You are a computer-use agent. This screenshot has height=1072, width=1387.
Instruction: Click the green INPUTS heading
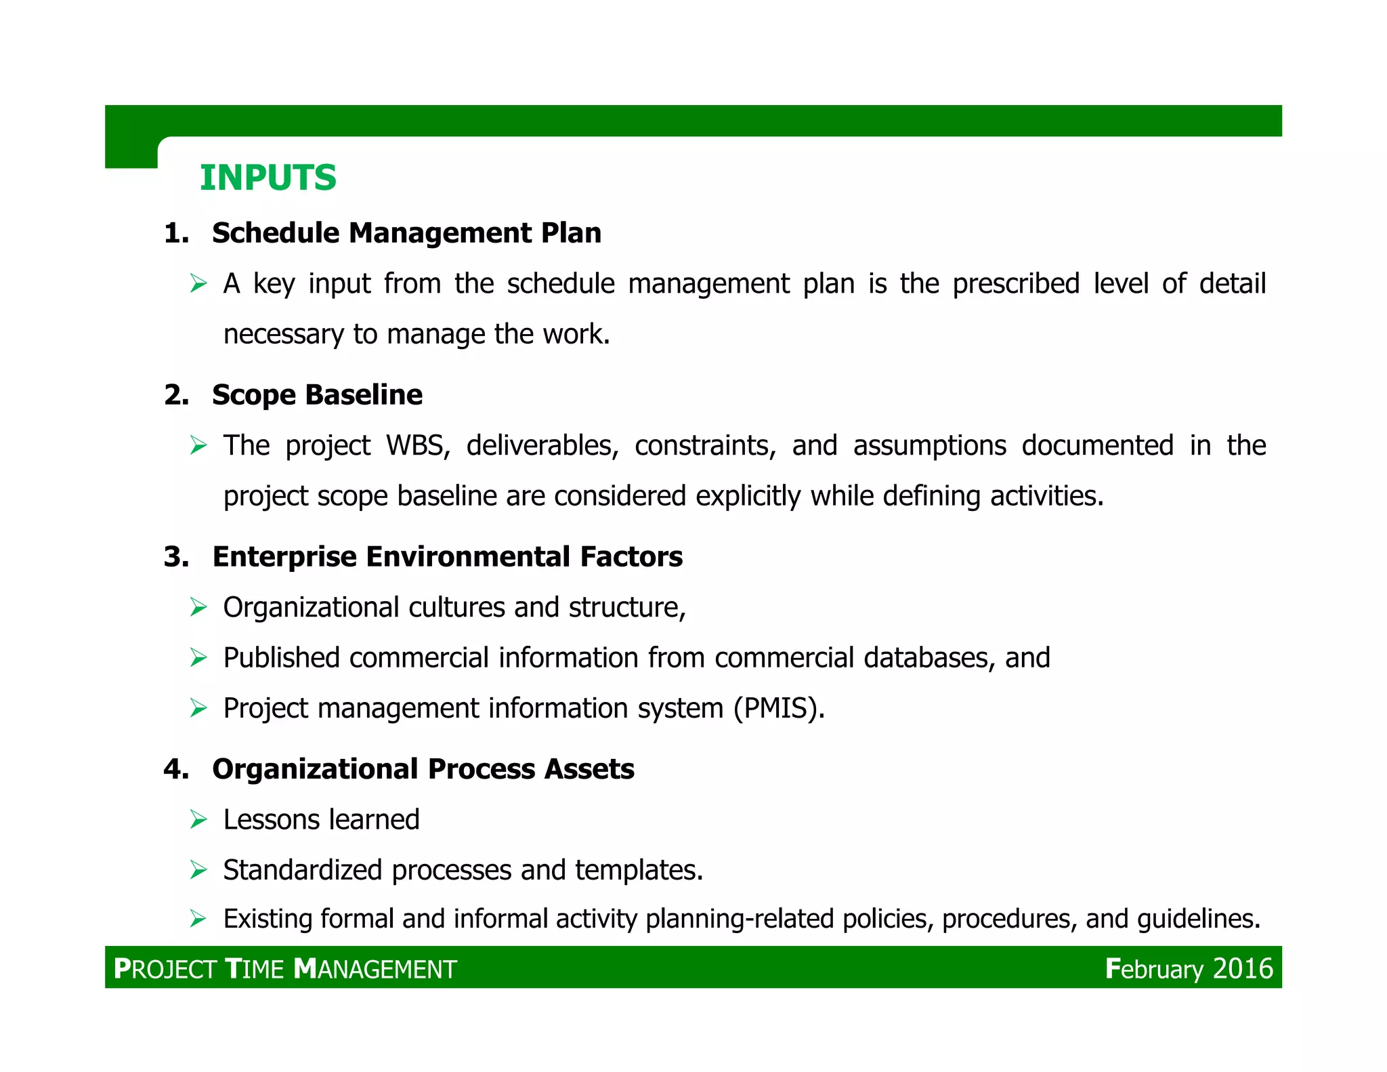pos(268,178)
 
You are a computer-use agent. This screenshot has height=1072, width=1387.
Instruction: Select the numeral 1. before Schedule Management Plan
pos(176,234)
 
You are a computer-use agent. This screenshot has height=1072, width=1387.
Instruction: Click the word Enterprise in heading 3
pos(284,557)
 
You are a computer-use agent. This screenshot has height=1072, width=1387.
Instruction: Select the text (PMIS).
pos(779,709)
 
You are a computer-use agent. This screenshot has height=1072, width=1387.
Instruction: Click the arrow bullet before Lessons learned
pos(198,820)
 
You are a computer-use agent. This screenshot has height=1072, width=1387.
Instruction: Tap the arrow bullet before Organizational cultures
pos(198,607)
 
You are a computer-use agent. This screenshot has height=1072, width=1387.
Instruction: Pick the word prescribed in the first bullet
pos(1015,284)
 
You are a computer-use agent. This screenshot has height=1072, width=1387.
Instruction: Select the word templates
pos(639,871)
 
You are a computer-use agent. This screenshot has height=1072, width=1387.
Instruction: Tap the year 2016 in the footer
pos(1243,968)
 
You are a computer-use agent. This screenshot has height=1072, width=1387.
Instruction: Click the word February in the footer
pos(1154,969)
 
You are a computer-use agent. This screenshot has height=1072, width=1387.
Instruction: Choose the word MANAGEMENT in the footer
pos(376,970)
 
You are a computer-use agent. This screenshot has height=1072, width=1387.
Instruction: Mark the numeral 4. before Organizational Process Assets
pos(176,770)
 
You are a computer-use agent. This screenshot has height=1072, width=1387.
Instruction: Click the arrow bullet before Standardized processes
pos(198,870)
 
